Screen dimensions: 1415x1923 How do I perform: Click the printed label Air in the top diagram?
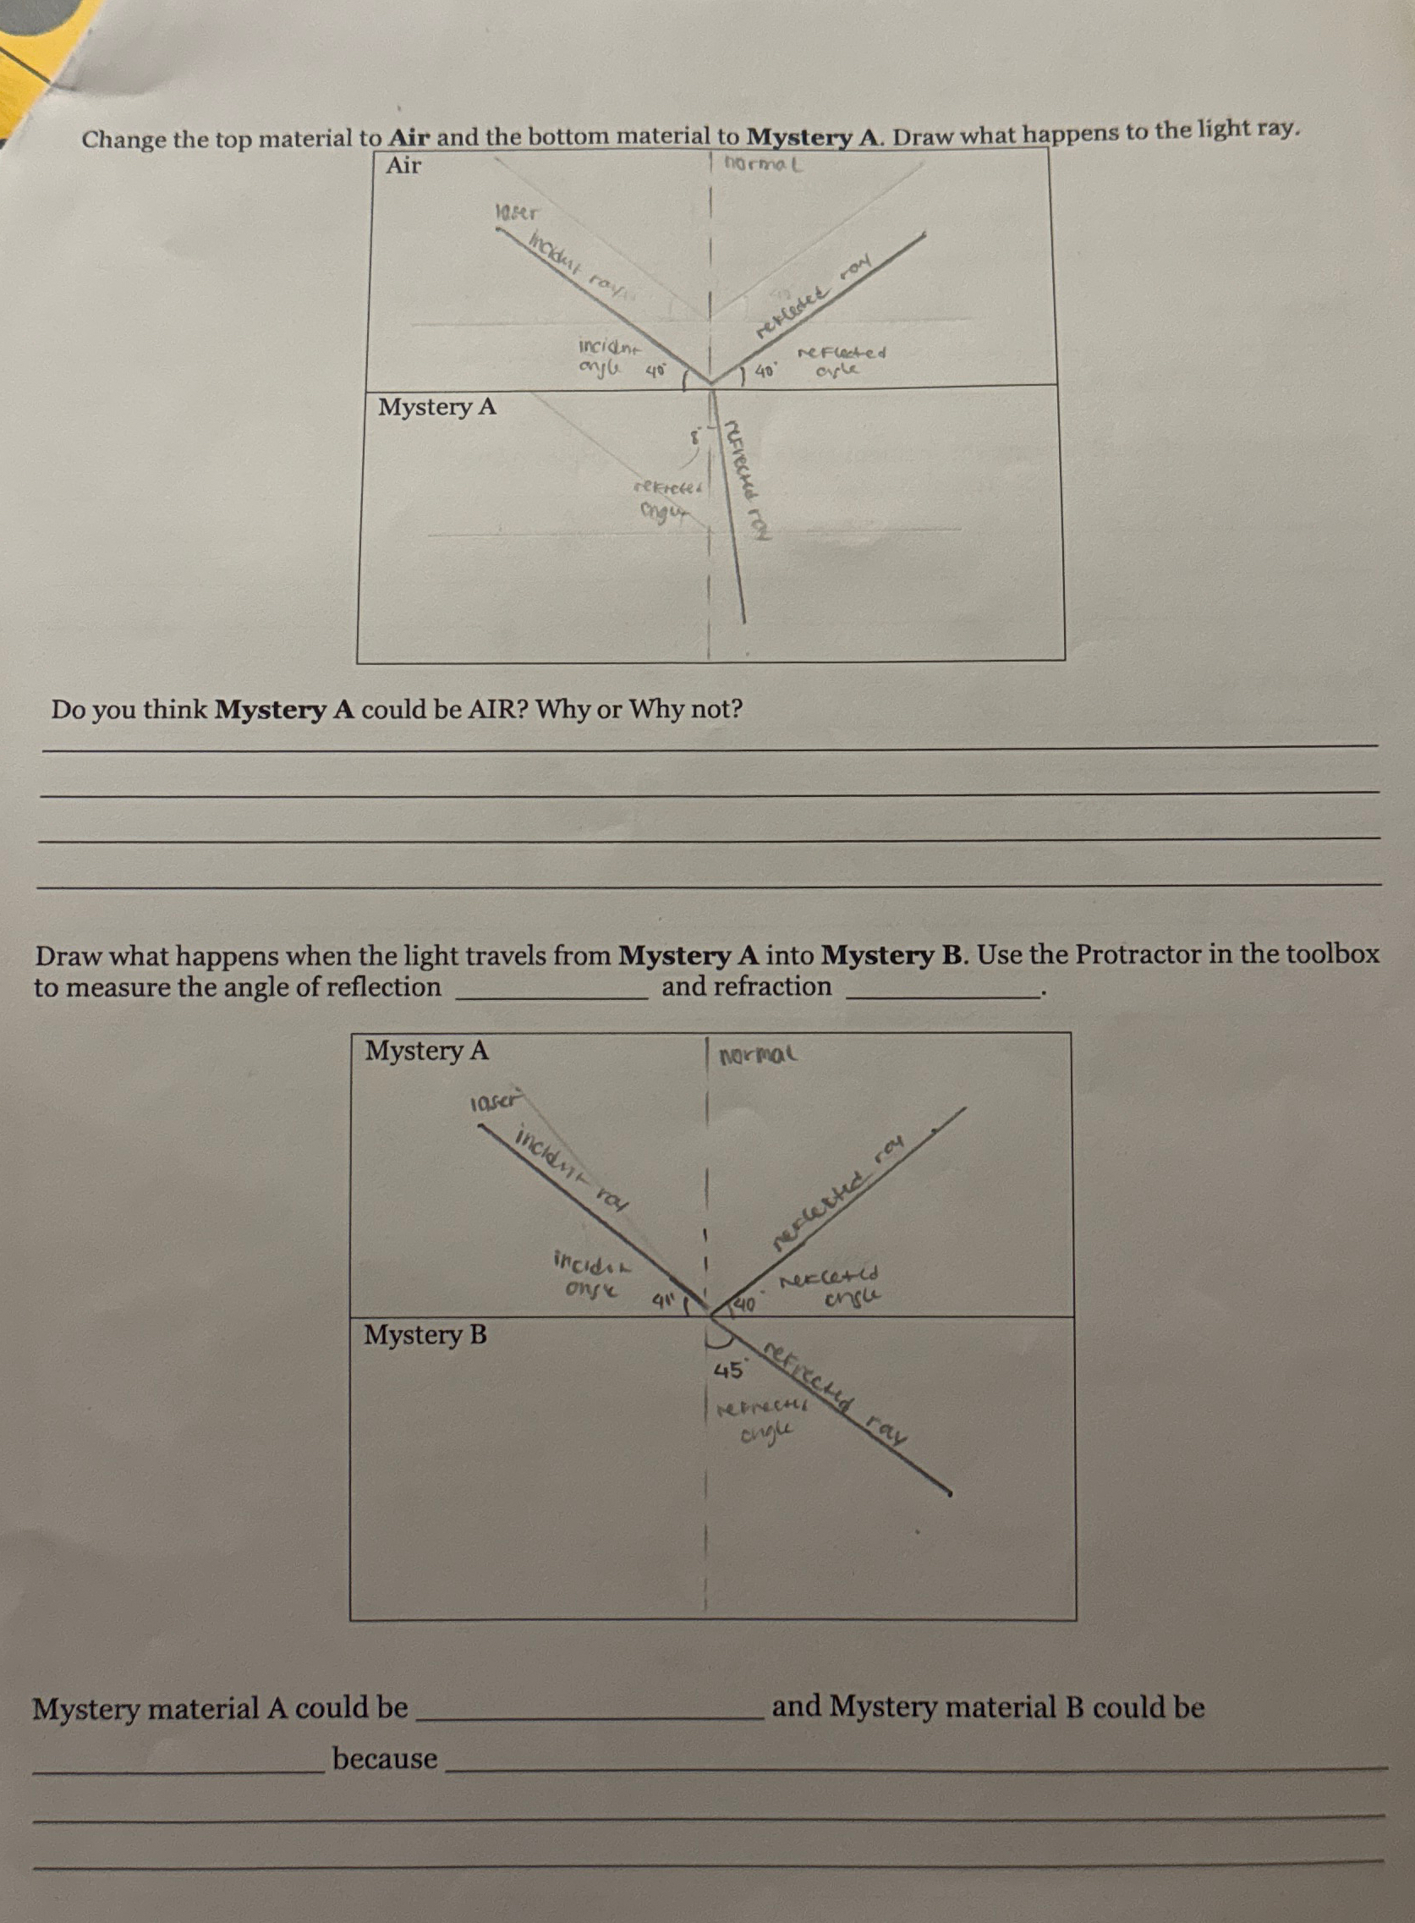pos(403,165)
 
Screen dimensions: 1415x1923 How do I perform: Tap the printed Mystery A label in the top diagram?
pos(436,407)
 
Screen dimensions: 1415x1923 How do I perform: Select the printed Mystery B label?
pos(425,1334)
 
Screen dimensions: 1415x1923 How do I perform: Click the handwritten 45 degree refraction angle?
pos(728,1371)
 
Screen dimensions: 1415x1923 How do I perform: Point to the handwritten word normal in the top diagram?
pos(762,163)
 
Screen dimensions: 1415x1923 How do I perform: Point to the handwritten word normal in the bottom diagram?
pos(759,1054)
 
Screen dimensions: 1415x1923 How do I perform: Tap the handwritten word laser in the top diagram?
pos(518,212)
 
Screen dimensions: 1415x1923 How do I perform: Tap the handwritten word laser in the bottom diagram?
pos(496,1101)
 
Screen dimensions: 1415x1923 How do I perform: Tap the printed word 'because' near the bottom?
pos(385,1759)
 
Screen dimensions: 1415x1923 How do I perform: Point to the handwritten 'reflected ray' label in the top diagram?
pos(814,294)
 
